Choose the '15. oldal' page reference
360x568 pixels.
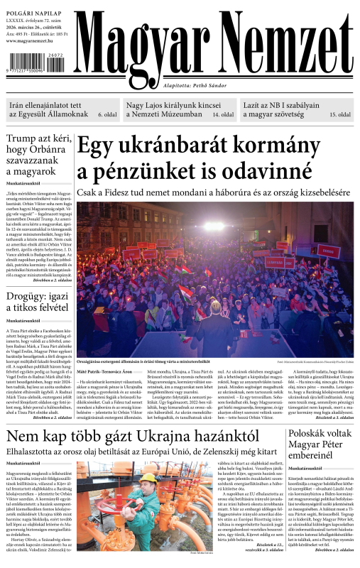point(339,114)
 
